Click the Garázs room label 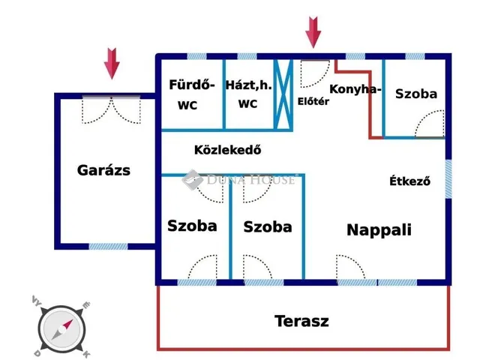tap(103, 170)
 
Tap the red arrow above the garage tap(112, 64)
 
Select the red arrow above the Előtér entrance tap(313, 31)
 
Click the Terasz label tap(301, 322)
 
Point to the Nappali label tap(379, 230)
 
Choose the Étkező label tap(409, 181)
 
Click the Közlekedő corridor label tap(227, 148)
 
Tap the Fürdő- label tap(193, 85)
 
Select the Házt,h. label tap(248, 85)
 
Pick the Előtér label tap(313, 101)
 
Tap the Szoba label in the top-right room tap(415, 94)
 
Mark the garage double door tap(111, 109)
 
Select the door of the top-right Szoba tap(430, 124)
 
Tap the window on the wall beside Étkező tap(448, 179)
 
